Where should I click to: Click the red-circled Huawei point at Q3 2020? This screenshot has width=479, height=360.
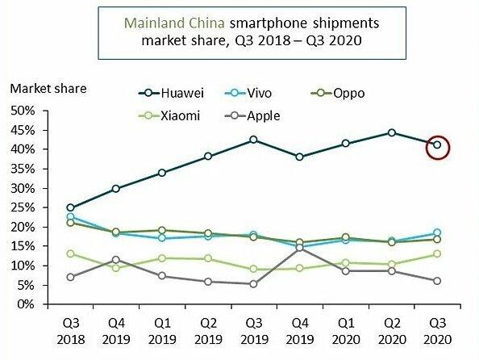pos(437,145)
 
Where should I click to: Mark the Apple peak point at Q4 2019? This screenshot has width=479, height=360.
pos(299,248)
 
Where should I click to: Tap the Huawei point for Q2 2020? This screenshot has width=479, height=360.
pos(391,132)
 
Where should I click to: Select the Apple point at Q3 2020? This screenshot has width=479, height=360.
pos(437,281)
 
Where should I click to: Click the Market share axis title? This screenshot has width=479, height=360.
pos(48,87)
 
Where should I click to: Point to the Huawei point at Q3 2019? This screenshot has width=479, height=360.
pos(253,140)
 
